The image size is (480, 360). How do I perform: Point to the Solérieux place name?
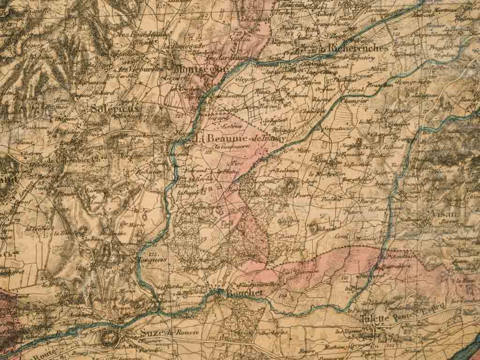click(x=114, y=108)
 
